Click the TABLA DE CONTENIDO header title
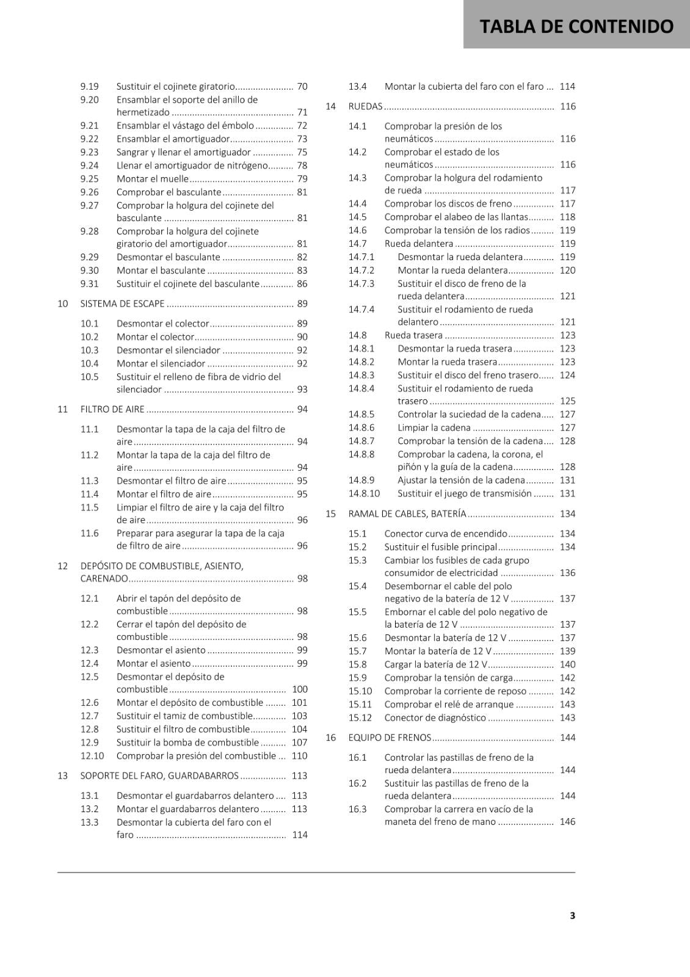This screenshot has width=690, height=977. coord(576,26)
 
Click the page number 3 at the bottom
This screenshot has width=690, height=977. coord(572,915)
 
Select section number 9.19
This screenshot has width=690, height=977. coord(89,87)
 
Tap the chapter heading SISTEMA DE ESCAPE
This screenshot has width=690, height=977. coord(122,303)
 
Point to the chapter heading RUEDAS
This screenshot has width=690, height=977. coord(365,106)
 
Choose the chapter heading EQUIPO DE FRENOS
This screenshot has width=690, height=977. coord(390,738)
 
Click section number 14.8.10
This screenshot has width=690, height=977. coord(364,493)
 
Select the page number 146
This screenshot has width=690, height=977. coord(567,822)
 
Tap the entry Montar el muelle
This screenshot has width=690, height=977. coord(153,179)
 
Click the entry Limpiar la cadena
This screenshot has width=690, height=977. coord(434,427)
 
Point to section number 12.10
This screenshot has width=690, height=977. coord(92,756)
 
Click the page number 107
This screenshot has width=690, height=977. coord(299,743)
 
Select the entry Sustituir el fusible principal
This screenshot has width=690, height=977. coord(441,547)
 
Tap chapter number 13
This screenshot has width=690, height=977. coord(62,775)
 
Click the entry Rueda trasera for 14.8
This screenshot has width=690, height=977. coord(413,335)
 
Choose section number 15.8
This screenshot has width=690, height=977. coord(358,664)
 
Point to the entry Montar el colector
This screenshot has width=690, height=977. coord(155,337)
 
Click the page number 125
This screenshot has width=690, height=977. coord(567,401)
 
